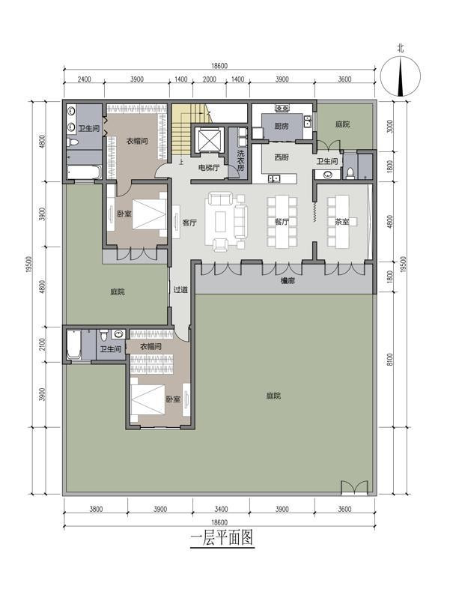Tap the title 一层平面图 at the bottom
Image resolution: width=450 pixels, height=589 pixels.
pyautogui.click(x=222, y=537)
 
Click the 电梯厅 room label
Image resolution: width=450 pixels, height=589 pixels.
pyautogui.click(x=209, y=168)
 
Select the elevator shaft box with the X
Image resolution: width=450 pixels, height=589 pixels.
pyautogui.click(x=207, y=140)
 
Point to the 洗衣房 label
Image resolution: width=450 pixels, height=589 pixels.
pyautogui.click(x=240, y=160)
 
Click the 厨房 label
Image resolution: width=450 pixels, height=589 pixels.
pyautogui.click(x=282, y=126)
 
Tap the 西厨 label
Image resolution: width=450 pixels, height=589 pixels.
pyautogui.click(x=282, y=157)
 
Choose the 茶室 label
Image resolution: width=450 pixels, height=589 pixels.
pyautogui.click(x=342, y=222)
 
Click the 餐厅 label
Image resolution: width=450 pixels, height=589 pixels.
pyautogui.click(x=282, y=222)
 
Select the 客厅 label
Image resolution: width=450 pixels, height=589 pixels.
pyautogui.click(x=189, y=223)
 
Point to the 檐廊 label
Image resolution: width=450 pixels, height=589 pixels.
pyautogui.click(x=288, y=280)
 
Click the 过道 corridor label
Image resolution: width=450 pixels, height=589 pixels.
pyautogui.click(x=180, y=289)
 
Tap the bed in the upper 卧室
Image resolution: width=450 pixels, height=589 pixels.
pyautogui.click(x=149, y=214)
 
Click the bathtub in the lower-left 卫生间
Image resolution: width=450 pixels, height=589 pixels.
pyautogui.click(x=73, y=345)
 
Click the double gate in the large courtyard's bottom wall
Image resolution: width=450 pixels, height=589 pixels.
pyautogui.click(x=354, y=487)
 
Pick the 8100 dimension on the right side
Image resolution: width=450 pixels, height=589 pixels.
pyautogui.click(x=390, y=360)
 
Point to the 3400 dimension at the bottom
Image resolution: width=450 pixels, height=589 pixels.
pyautogui.click(x=221, y=509)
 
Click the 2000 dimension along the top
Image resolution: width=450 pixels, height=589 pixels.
pyautogui.click(x=210, y=79)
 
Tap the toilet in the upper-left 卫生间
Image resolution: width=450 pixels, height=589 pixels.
pyautogui.click(x=72, y=142)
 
